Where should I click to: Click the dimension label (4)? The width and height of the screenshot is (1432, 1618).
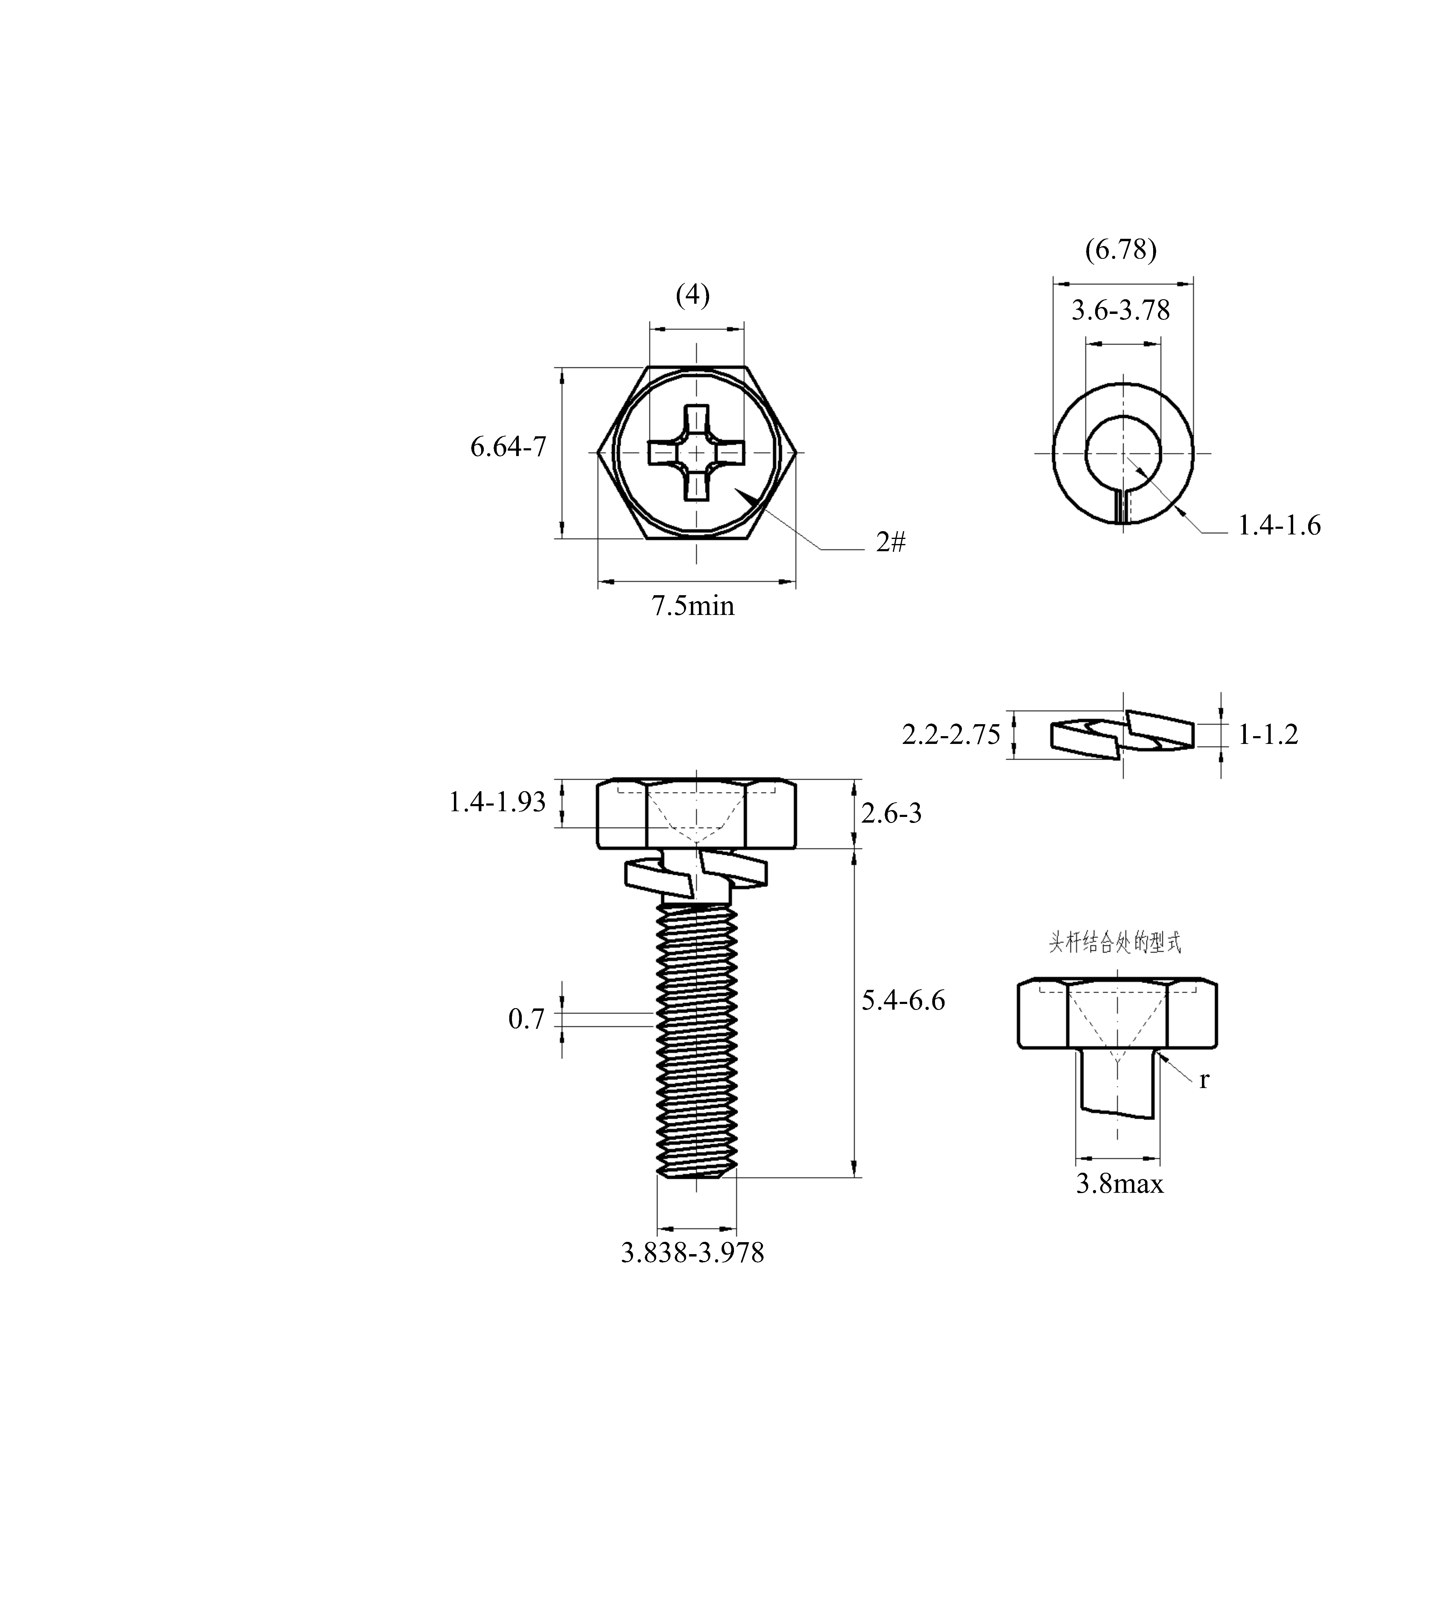(693, 295)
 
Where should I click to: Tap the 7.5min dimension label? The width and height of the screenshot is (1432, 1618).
(693, 606)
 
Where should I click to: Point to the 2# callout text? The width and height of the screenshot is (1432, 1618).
(890, 542)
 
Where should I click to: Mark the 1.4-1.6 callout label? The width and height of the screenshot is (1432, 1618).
(1279, 525)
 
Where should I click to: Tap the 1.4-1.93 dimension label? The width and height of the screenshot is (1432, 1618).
(497, 803)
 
